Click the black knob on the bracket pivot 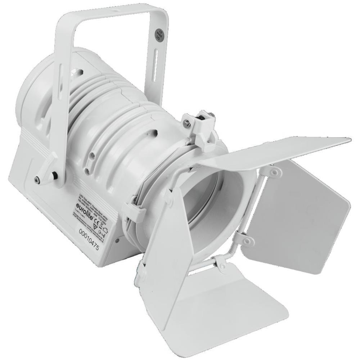[55, 176]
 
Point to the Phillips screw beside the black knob [37, 179]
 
